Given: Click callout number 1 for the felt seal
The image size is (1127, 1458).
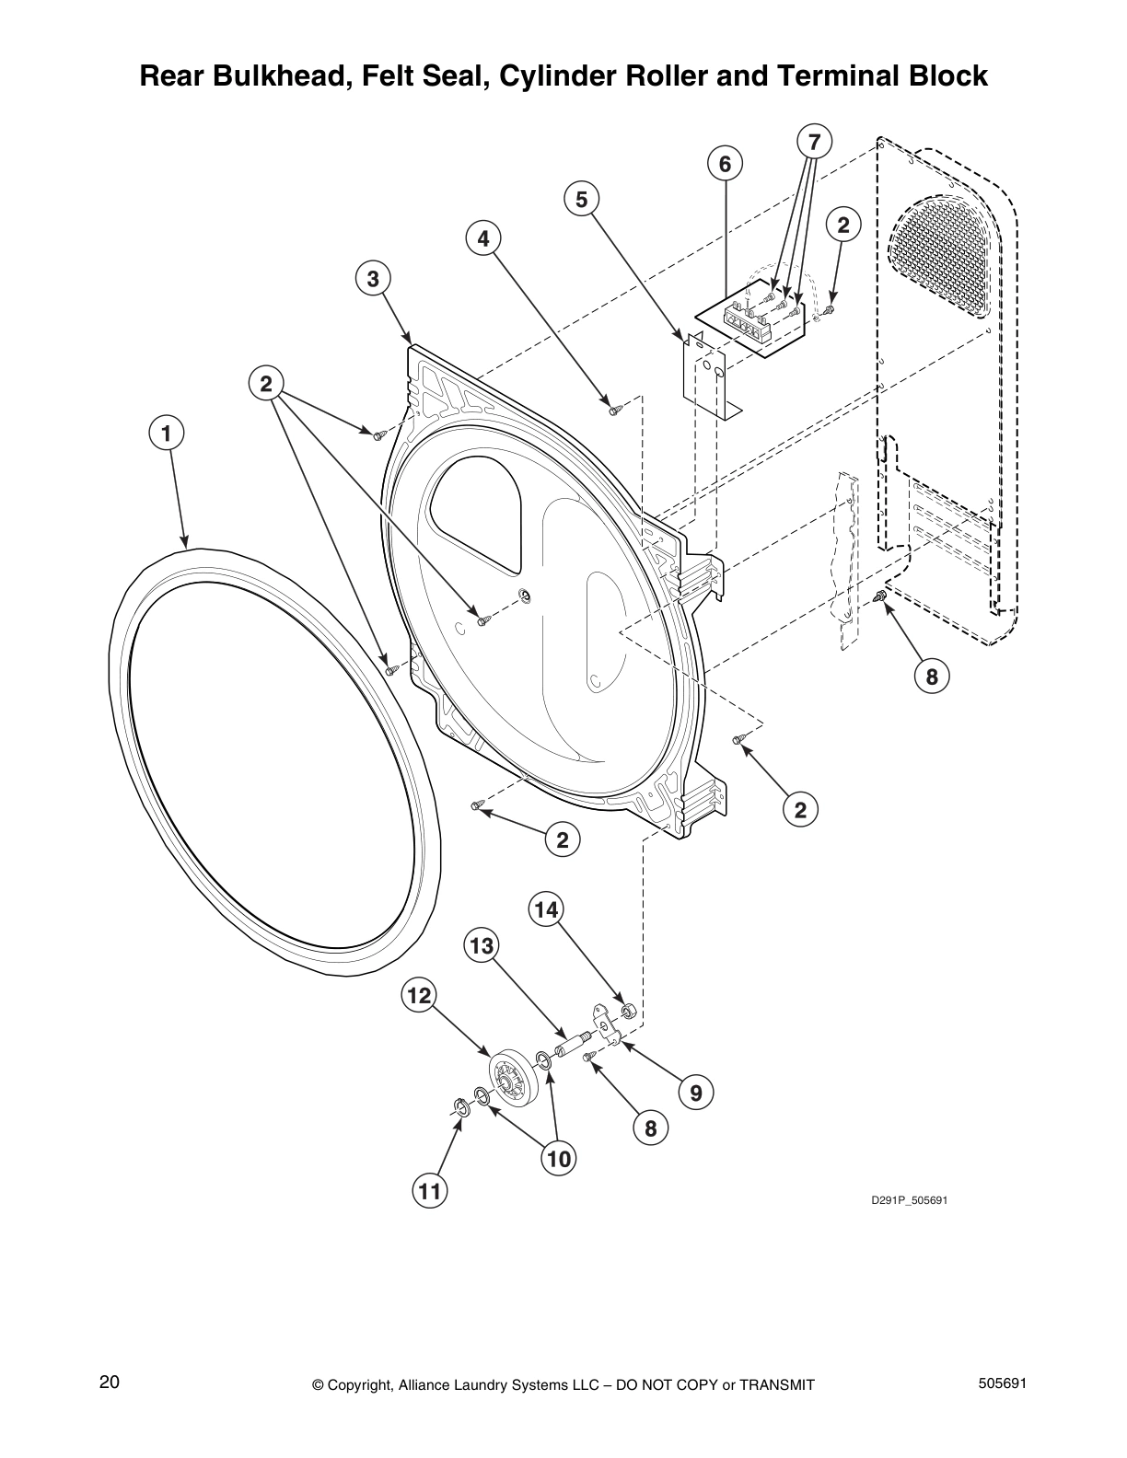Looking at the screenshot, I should click(x=167, y=432).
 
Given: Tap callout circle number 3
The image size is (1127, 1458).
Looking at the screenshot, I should click(x=373, y=278).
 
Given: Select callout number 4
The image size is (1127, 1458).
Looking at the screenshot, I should click(x=482, y=238).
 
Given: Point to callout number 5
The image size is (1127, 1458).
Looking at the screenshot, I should click(x=581, y=199).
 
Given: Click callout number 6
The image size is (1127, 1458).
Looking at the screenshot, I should click(x=725, y=164).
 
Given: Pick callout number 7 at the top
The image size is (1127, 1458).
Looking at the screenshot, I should click(x=813, y=142).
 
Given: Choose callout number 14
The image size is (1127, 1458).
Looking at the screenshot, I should click(x=546, y=910).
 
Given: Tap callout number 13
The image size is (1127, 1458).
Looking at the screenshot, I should click(x=482, y=945).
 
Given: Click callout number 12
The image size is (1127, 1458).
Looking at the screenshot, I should click(x=418, y=995).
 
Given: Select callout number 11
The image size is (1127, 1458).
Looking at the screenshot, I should click(x=429, y=1192).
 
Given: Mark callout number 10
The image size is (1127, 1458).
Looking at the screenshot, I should click(x=559, y=1159).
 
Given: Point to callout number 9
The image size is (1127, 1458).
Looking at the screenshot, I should click(x=695, y=1093).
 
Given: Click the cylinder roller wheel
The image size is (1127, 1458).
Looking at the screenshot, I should click(x=510, y=1081).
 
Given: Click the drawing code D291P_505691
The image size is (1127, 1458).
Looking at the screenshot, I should click(x=910, y=1201).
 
